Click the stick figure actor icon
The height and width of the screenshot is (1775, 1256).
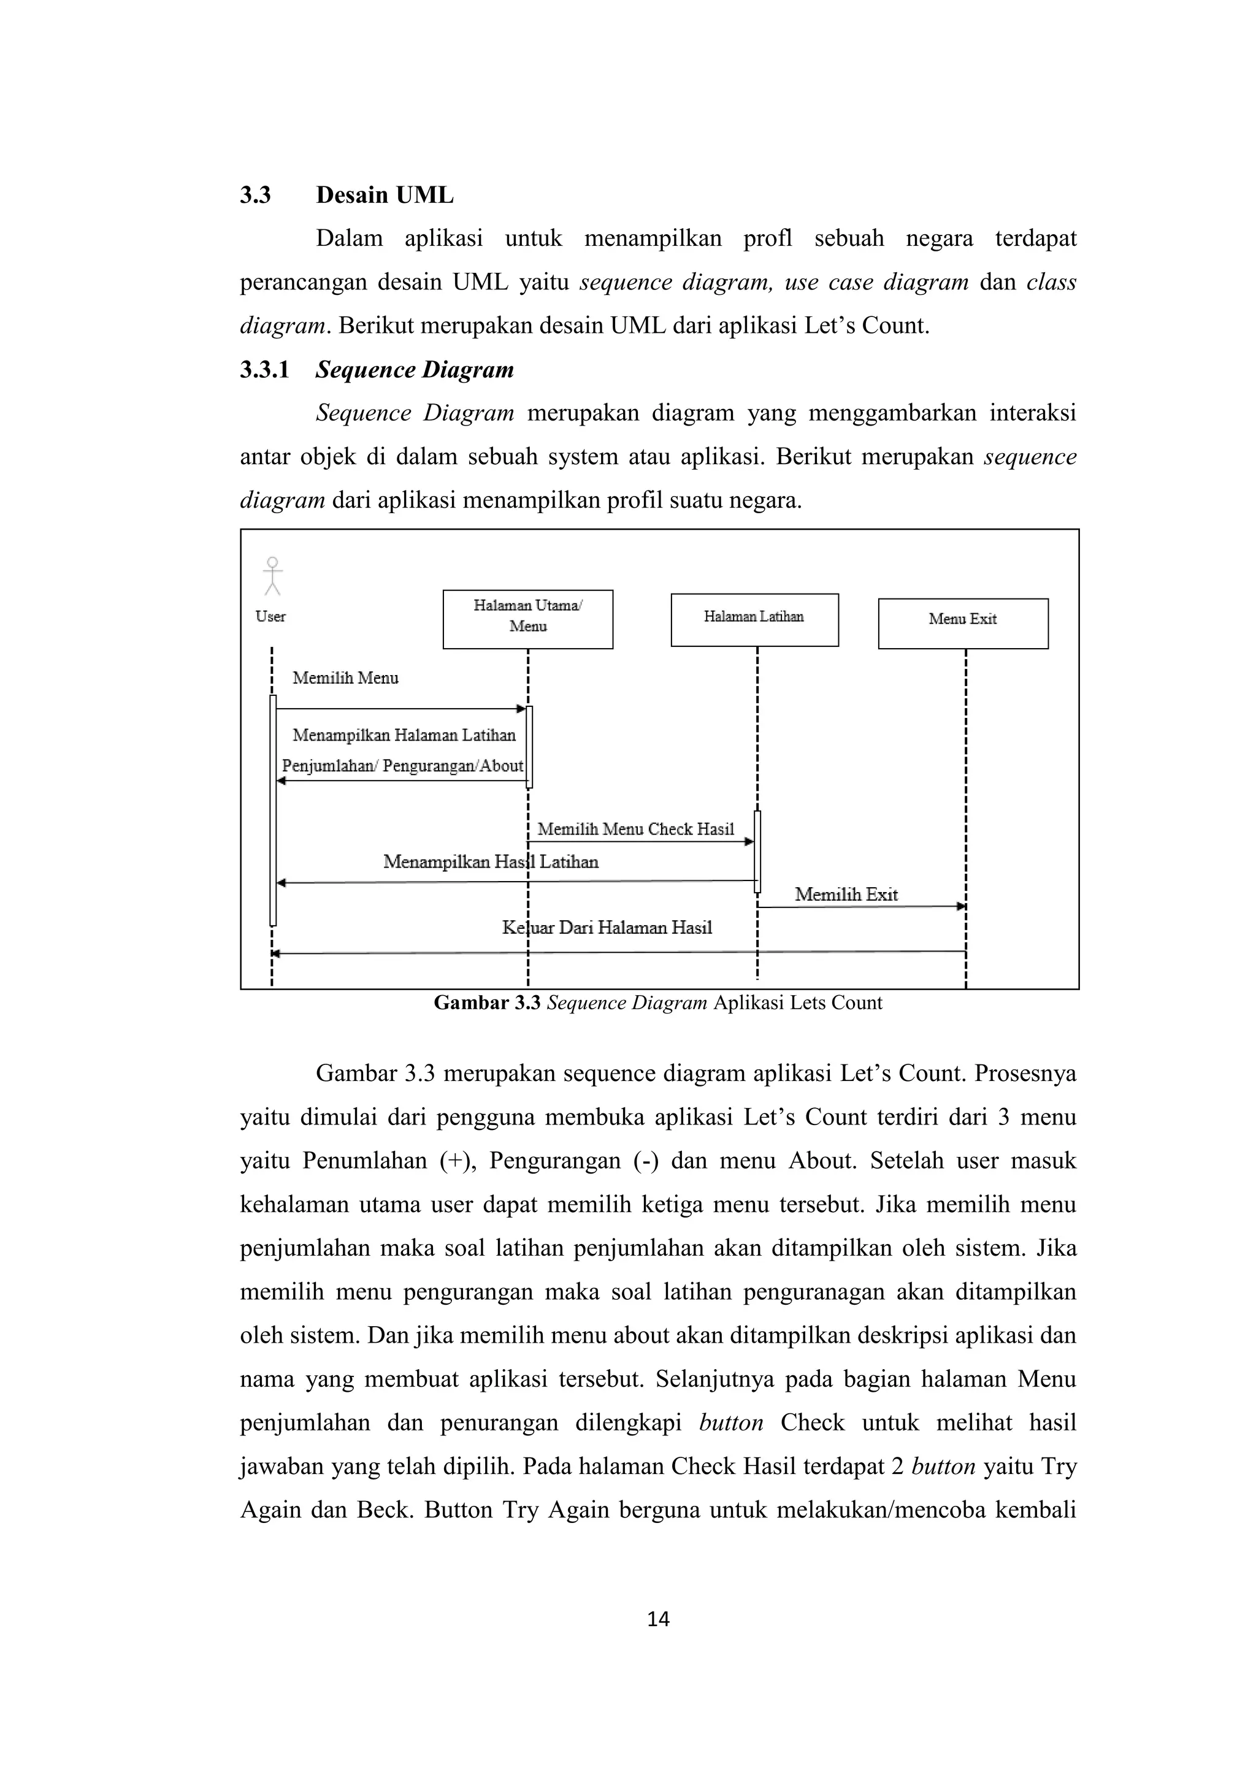[x=272, y=576]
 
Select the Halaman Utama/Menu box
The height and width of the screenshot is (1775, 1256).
[x=527, y=619]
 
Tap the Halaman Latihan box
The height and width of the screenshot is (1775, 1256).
[x=754, y=620]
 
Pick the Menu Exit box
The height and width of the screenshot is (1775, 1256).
[x=963, y=623]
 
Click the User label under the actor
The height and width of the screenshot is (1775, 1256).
[x=270, y=616]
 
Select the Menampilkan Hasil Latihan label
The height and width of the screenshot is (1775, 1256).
[x=491, y=861]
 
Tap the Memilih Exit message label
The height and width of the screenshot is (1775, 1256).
[x=846, y=895]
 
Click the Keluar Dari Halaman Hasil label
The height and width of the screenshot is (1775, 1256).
[x=607, y=928]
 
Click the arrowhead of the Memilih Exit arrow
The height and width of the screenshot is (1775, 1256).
[x=962, y=906]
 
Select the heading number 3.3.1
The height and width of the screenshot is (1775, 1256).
[x=264, y=370]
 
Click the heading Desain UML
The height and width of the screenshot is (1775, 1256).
[x=385, y=195]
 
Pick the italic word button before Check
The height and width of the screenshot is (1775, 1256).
[x=731, y=1422]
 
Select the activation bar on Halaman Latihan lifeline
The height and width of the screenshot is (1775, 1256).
[x=757, y=850]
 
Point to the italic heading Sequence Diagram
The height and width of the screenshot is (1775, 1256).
[x=415, y=370]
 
